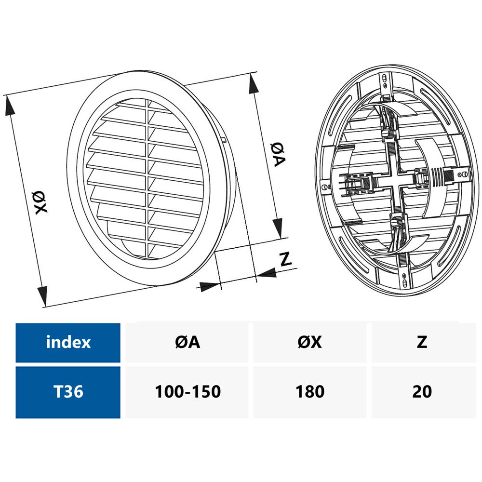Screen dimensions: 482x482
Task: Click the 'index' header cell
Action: [68, 342]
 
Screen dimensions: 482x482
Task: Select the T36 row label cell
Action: [68, 391]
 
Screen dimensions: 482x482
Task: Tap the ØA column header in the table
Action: [187, 342]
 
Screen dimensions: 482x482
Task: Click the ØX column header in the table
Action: [310, 342]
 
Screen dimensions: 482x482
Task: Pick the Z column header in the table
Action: [422, 342]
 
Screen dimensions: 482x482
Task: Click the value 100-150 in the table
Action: [187, 391]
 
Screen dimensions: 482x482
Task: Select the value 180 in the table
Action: [310, 391]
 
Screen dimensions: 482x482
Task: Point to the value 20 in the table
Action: [422, 391]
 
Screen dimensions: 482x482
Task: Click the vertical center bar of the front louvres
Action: [147, 178]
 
